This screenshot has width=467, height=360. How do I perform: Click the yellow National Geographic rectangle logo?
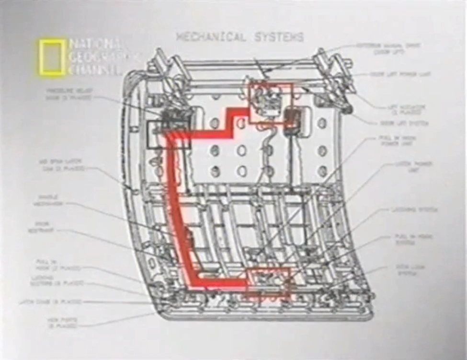(x=51, y=58)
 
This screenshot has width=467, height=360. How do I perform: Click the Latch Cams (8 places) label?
(x=50, y=302)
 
